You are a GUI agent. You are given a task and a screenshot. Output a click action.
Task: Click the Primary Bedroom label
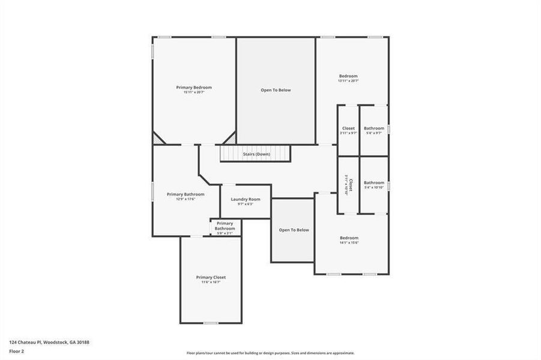pyautogui.click(x=193, y=88)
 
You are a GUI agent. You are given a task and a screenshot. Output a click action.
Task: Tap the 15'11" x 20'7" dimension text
pyautogui.click(x=193, y=92)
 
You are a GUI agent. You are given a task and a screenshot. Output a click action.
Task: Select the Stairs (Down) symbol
pyautogui.click(x=255, y=154)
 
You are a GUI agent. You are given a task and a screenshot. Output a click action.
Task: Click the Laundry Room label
pyautogui.click(x=245, y=199)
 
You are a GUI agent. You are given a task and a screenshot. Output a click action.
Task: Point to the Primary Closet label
pyautogui.click(x=211, y=277)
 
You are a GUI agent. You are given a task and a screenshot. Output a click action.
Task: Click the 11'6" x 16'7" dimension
pyautogui.click(x=211, y=282)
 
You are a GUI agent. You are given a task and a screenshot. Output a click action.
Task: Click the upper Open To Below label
pyautogui.click(x=276, y=90)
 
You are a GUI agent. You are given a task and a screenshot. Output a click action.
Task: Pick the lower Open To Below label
pyautogui.click(x=294, y=230)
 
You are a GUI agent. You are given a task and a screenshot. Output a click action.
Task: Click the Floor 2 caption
pyautogui.click(x=16, y=351)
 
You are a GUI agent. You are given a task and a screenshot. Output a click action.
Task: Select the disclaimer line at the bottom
pyautogui.click(x=270, y=353)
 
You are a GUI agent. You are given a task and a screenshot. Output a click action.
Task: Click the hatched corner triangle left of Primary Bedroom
pyautogui.click(x=157, y=139)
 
